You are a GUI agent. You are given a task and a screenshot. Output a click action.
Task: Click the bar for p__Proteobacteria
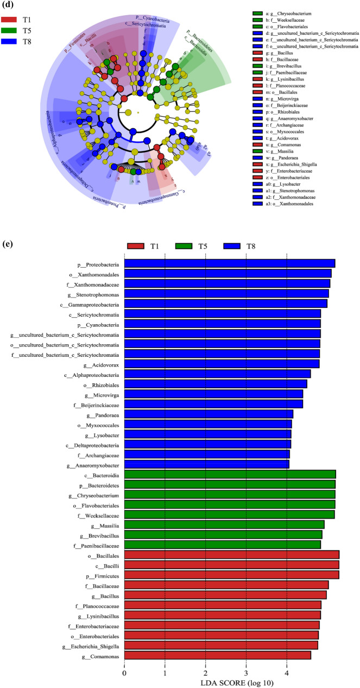(x=230, y=263)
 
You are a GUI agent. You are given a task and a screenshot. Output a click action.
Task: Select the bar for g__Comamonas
(x=218, y=656)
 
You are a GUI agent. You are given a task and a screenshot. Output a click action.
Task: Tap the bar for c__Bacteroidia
(x=230, y=474)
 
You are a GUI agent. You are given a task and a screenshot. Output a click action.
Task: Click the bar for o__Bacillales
(x=232, y=554)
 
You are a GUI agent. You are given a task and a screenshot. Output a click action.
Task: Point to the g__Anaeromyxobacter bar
(x=207, y=464)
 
